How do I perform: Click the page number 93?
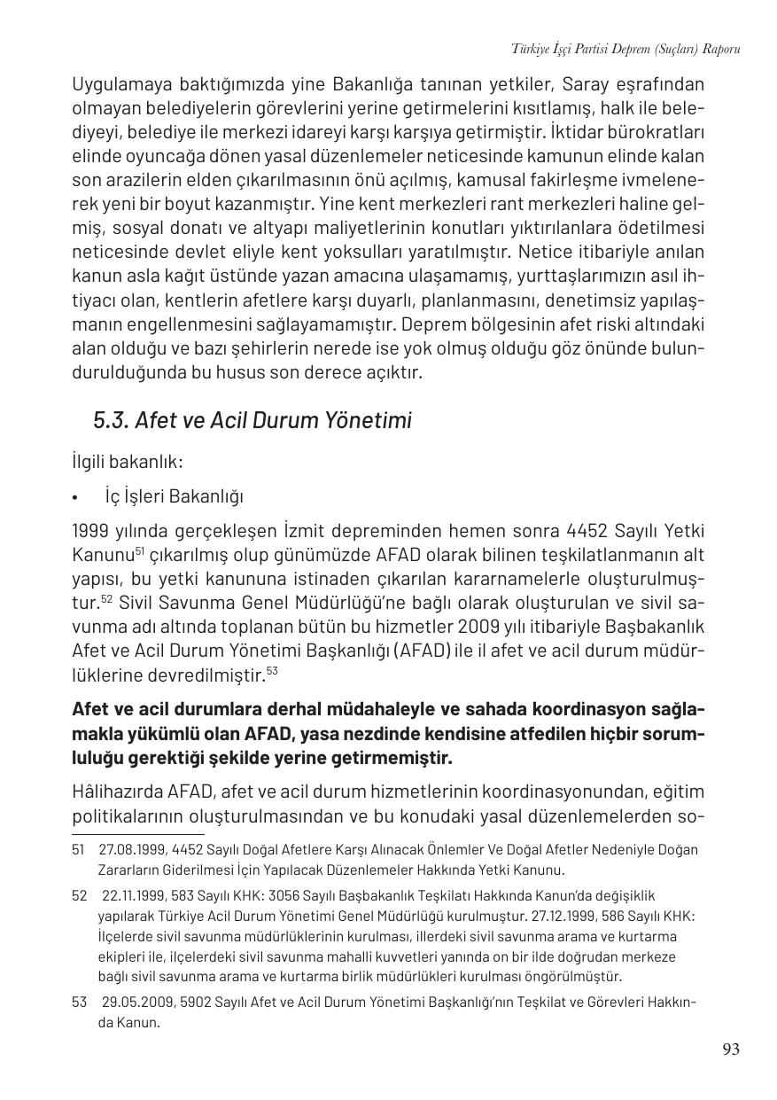(x=730, y=1049)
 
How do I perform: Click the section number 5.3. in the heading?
(x=111, y=420)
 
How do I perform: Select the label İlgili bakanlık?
(x=127, y=462)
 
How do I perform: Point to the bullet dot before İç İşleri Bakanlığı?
(x=77, y=497)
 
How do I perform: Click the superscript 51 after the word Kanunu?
(x=139, y=551)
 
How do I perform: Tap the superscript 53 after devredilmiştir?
(x=272, y=670)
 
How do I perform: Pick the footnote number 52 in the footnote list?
(x=78, y=895)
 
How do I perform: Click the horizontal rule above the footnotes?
(x=137, y=833)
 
